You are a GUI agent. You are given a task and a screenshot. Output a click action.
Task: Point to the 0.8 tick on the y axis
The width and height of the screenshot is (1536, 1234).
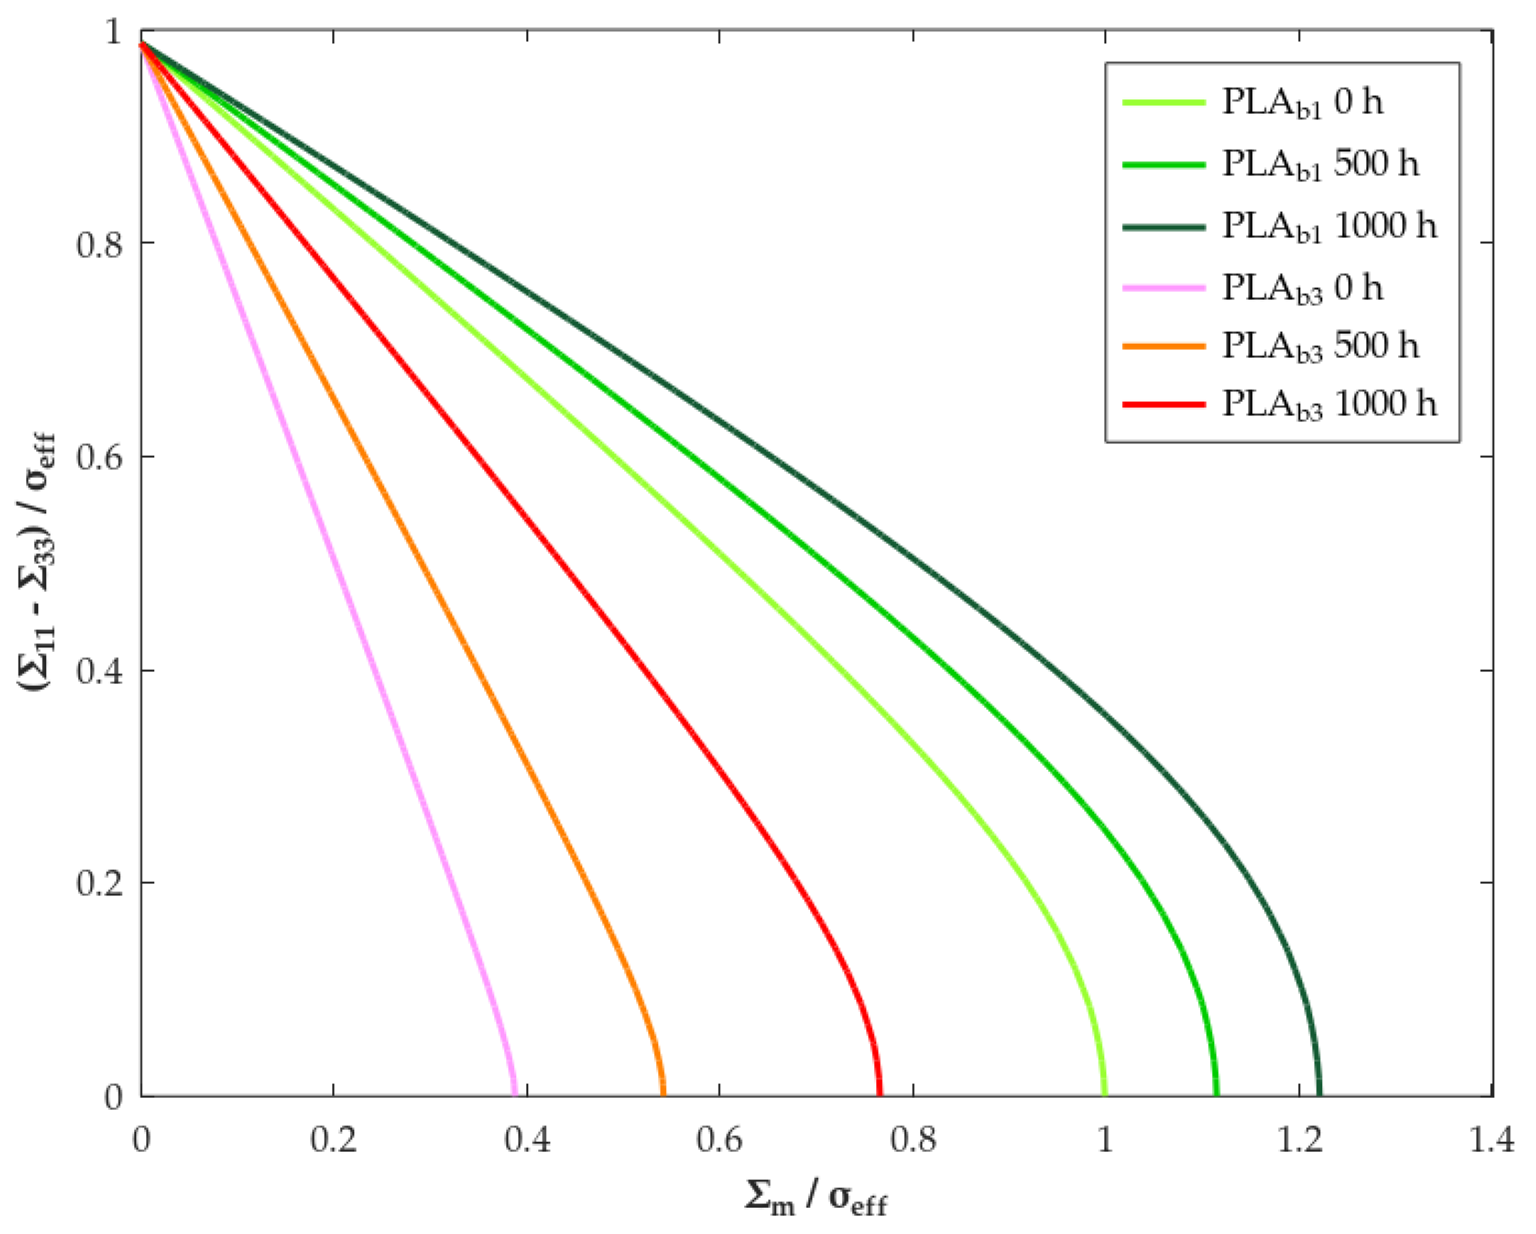99,244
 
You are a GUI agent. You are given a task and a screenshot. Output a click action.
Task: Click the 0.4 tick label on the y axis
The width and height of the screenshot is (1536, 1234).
99,671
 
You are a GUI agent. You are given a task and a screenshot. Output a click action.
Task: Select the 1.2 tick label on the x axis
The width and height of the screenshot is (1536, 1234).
1298,1141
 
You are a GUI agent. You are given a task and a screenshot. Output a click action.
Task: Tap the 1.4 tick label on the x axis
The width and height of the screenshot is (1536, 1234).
1491,1141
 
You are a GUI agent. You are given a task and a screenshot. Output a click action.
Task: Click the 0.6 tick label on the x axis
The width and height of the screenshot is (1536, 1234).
719,1141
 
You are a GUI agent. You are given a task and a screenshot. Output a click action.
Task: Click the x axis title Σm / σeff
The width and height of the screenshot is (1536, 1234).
816,1198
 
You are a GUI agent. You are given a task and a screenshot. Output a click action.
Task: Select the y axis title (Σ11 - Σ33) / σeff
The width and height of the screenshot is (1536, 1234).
36,563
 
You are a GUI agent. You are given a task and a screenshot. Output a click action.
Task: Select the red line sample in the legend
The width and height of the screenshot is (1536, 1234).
1164,404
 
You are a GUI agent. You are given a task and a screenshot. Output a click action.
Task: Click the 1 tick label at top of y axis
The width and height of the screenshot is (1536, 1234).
114,32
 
